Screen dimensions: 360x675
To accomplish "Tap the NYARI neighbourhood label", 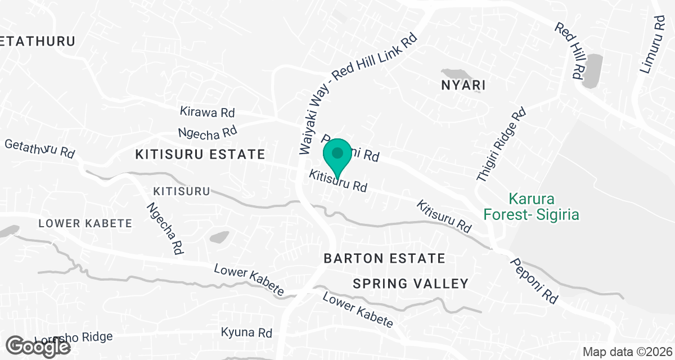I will click(x=463, y=85).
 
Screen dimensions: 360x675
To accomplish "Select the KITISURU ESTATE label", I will click(x=200, y=154).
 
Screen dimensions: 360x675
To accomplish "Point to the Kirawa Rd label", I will click(x=207, y=112).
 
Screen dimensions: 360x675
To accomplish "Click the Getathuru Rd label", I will click(x=39, y=148).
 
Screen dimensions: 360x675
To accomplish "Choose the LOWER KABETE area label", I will click(x=85, y=223).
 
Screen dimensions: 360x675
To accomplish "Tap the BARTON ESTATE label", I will click(x=385, y=259).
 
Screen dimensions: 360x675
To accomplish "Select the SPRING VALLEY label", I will click(x=411, y=283).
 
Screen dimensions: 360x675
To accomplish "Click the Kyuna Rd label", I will click(x=247, y=332).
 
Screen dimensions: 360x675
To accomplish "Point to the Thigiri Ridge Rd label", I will click(x=501, y=145).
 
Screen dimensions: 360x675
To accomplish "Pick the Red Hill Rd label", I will click(x=569, y=51).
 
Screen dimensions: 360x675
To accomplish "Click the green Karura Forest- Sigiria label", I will click(x=531, y=206).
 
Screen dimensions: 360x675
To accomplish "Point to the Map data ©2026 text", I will click(x=627, y=352).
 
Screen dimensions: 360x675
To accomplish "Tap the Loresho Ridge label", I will click(x=73, y=339).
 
